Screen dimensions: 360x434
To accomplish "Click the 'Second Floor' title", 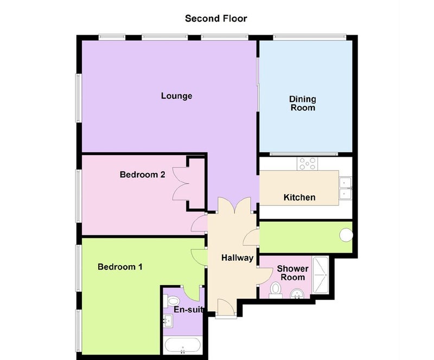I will click(x=216, y=18).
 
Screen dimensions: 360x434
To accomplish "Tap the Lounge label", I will click(x=176, y=96).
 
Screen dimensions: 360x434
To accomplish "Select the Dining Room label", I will click(x=302, y=104).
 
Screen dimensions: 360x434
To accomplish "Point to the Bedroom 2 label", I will click(x=142, y=175).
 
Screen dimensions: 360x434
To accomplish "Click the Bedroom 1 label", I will click(x=120, y=267).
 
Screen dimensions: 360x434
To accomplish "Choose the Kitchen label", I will click(x=299, y=197).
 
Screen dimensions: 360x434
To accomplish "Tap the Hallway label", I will click(x=237, y=258).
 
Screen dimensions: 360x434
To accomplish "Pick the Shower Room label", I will click(x=292, y=273).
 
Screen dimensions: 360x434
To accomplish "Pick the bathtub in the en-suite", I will click(x=183, y=345).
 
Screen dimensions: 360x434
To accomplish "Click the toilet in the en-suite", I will click(x=173, y=301).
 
